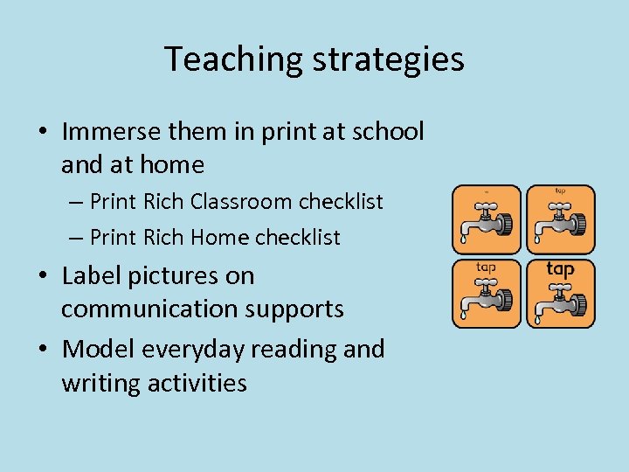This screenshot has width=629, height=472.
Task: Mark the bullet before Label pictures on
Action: (43, 277)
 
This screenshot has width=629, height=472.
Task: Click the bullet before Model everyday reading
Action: (43, 350)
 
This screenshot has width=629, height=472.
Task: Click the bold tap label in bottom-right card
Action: (560, 269)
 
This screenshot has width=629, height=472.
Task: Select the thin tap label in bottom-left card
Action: (487, 267)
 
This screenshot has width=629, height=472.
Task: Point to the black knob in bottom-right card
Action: (577, 304)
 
